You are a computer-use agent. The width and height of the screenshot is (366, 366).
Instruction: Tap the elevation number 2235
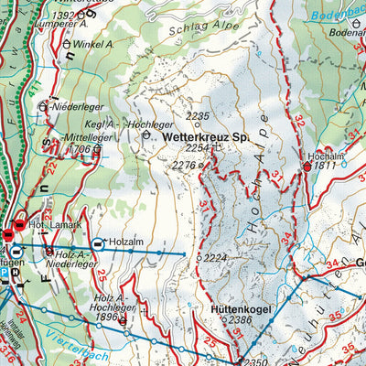[198, 116]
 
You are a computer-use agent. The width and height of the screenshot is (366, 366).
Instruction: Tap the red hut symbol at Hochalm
[307, 167]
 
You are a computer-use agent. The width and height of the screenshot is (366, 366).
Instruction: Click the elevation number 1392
[63, 16]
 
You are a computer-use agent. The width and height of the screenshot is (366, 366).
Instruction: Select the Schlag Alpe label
[197, 27]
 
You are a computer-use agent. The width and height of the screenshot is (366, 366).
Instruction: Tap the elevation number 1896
[107, 318]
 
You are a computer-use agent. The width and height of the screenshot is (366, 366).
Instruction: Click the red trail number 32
[298, 121]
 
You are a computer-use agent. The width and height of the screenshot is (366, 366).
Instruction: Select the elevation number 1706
[81, 149]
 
